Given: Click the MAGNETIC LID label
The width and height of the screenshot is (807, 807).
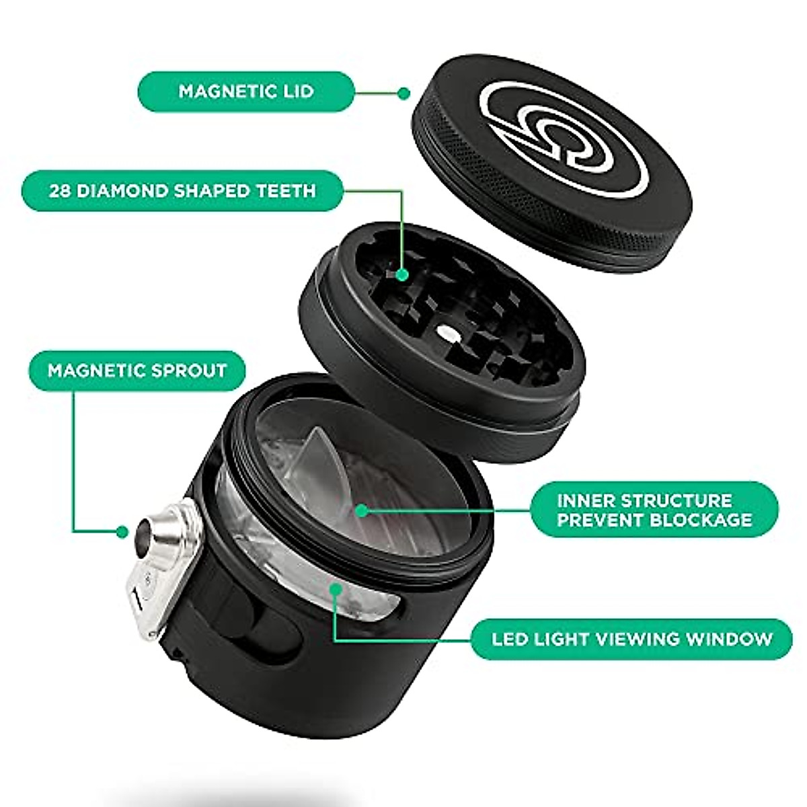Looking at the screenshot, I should (245, 91).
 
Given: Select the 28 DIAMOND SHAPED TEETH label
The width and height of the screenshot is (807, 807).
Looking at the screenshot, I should (182, 190).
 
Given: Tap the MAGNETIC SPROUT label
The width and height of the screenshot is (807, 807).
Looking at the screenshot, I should (137, 370).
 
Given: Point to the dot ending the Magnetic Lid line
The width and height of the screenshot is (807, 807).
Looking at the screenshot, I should (403, 93).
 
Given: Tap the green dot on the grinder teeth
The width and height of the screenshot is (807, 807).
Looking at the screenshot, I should (402, 274).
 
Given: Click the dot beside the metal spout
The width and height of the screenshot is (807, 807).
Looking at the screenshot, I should (122, 531).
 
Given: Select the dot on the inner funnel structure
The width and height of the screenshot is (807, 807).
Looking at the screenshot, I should (361, 510).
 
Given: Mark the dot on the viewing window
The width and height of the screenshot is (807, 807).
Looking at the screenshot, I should (335, 589).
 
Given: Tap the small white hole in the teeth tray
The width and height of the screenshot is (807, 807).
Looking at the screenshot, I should (445, 330).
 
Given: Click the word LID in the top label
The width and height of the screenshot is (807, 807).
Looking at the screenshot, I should (297, 91).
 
